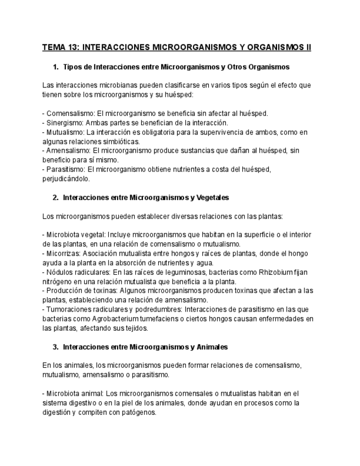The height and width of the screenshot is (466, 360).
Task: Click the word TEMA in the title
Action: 54,47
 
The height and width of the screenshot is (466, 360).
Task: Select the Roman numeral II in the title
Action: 308,47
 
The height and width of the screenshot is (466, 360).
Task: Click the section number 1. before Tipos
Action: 56,67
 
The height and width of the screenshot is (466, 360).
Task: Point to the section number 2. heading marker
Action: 56,197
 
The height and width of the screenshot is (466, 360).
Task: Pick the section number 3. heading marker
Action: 56,347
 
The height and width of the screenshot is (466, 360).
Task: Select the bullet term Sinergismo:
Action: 63,123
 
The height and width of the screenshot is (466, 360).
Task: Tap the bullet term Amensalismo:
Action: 67,151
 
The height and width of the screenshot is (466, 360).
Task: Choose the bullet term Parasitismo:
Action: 65,169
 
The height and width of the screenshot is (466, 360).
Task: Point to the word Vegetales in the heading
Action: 212,197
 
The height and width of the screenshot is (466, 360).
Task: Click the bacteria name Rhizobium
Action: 279,272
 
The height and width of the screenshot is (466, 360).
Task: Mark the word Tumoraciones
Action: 68,309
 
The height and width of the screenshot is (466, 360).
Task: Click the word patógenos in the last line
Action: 139,412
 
